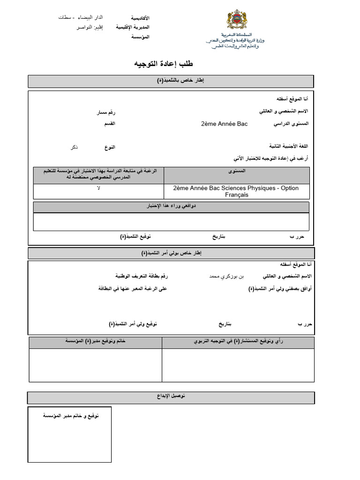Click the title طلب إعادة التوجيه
click(x=164, y=64)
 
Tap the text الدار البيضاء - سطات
click(x=75, y=17)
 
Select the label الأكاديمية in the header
click(x=140, y=18)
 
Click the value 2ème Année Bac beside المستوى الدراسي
click(x=224, y=124)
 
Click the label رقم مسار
click(x=105, y=112)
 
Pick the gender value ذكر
click(x=74, y=147)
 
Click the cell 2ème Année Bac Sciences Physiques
click(x=235, y=191)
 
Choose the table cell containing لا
click(x=98, y=188)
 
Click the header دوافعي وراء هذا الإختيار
click(x=171, y=206)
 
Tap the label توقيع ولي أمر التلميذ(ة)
click(x=133, y=324)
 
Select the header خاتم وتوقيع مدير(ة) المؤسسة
click(x=95, y=342)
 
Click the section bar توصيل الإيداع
click(x=171, y=397)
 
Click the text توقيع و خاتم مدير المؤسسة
click(x=71, y=416)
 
